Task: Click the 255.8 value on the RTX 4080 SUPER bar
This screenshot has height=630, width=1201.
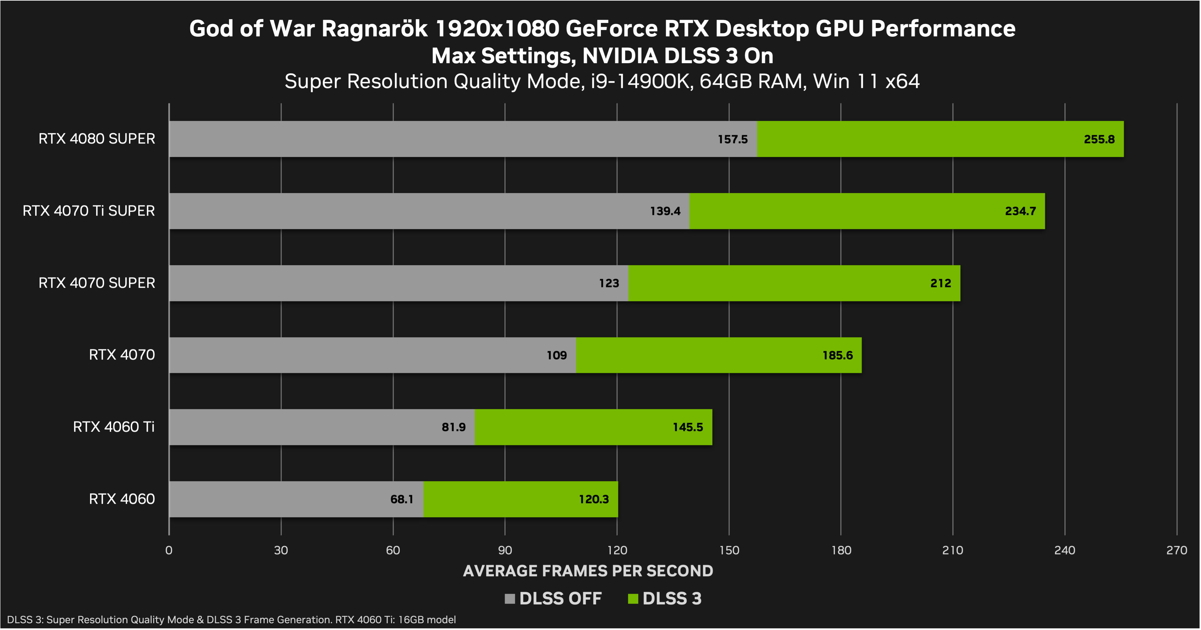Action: [1099, 139]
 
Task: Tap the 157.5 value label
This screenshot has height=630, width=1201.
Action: [732, 139]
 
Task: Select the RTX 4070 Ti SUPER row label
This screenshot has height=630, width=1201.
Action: [88, 211]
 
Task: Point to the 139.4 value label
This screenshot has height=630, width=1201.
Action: [665, 211]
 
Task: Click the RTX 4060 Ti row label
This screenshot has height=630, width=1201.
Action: [113, 427]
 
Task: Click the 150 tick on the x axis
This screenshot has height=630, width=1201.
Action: [729, 550]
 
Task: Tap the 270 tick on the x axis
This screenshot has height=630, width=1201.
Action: [1176, 550]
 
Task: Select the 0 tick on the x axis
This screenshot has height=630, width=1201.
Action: [169, 550]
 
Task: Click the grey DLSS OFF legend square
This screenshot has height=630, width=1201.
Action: [510, 599]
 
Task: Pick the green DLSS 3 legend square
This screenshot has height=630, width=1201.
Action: [633, 599]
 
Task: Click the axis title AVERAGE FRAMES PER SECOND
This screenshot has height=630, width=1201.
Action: [588, 571]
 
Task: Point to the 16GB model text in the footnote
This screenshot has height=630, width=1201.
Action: [427, 620]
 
